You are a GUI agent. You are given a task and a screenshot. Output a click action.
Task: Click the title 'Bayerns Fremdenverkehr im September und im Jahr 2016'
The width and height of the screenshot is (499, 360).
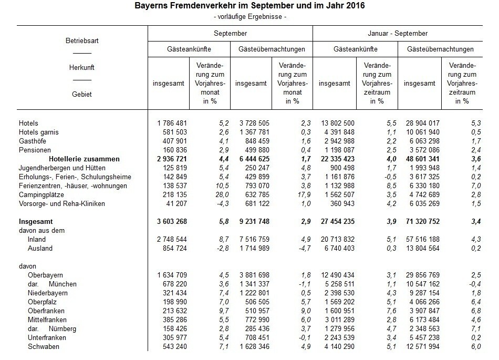(250, 6)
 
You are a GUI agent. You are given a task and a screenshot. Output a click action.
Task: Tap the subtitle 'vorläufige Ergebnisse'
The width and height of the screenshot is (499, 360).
(250, 17)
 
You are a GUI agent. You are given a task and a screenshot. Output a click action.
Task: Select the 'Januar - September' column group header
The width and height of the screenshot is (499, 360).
(397, 33)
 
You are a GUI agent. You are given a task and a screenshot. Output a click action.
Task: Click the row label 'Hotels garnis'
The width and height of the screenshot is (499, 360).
(40, 132)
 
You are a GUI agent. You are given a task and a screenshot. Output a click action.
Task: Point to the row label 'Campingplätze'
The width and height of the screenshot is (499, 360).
(42, 194)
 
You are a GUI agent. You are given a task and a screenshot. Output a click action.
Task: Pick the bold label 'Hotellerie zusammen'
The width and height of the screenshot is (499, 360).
(84, 159)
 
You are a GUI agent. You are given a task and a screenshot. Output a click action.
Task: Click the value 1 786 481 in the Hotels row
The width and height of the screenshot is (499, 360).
(172, 123)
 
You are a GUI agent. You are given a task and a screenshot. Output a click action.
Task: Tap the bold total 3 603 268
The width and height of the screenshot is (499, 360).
(172, 222)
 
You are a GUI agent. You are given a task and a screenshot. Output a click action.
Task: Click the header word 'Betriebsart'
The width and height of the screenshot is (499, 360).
(82, 40)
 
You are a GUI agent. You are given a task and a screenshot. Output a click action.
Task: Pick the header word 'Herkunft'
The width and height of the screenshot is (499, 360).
(82, 67)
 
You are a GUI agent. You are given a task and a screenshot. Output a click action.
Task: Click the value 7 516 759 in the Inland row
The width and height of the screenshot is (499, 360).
(256, 239)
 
